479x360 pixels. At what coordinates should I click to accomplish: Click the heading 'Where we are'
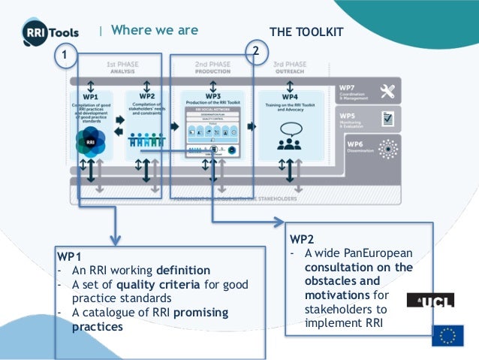[155, 30]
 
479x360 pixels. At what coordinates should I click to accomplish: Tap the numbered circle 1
[66, 56]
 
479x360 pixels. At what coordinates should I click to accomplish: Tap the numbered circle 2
[256, 51]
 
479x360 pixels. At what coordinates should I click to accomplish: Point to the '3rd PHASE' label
[288, 66]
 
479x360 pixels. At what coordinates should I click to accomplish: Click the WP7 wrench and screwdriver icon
[387, 92]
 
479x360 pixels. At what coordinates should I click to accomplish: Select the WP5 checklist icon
[387, 119]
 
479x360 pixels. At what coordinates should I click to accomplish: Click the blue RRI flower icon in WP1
[90, 140]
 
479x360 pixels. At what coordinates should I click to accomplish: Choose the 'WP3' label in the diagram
[212, 96]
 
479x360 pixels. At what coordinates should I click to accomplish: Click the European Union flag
[447, 335]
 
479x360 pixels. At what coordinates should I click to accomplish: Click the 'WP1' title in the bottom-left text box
[70, 257]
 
